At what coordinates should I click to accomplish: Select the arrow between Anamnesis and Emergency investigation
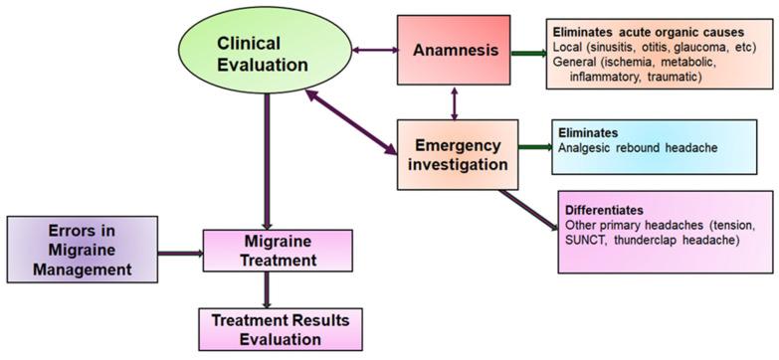pos(455,102)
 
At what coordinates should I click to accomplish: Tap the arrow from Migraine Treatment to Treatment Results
pos(267,292)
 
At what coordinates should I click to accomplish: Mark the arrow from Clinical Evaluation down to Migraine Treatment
pos(267,159)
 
